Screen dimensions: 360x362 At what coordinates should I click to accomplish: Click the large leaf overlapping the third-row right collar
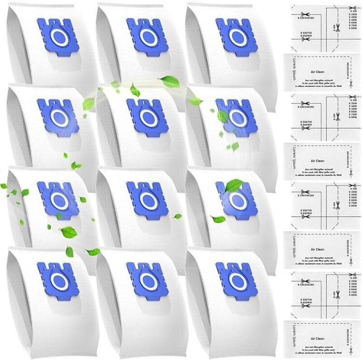click(234, 186)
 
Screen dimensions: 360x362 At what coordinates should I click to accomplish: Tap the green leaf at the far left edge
click(4, 186)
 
